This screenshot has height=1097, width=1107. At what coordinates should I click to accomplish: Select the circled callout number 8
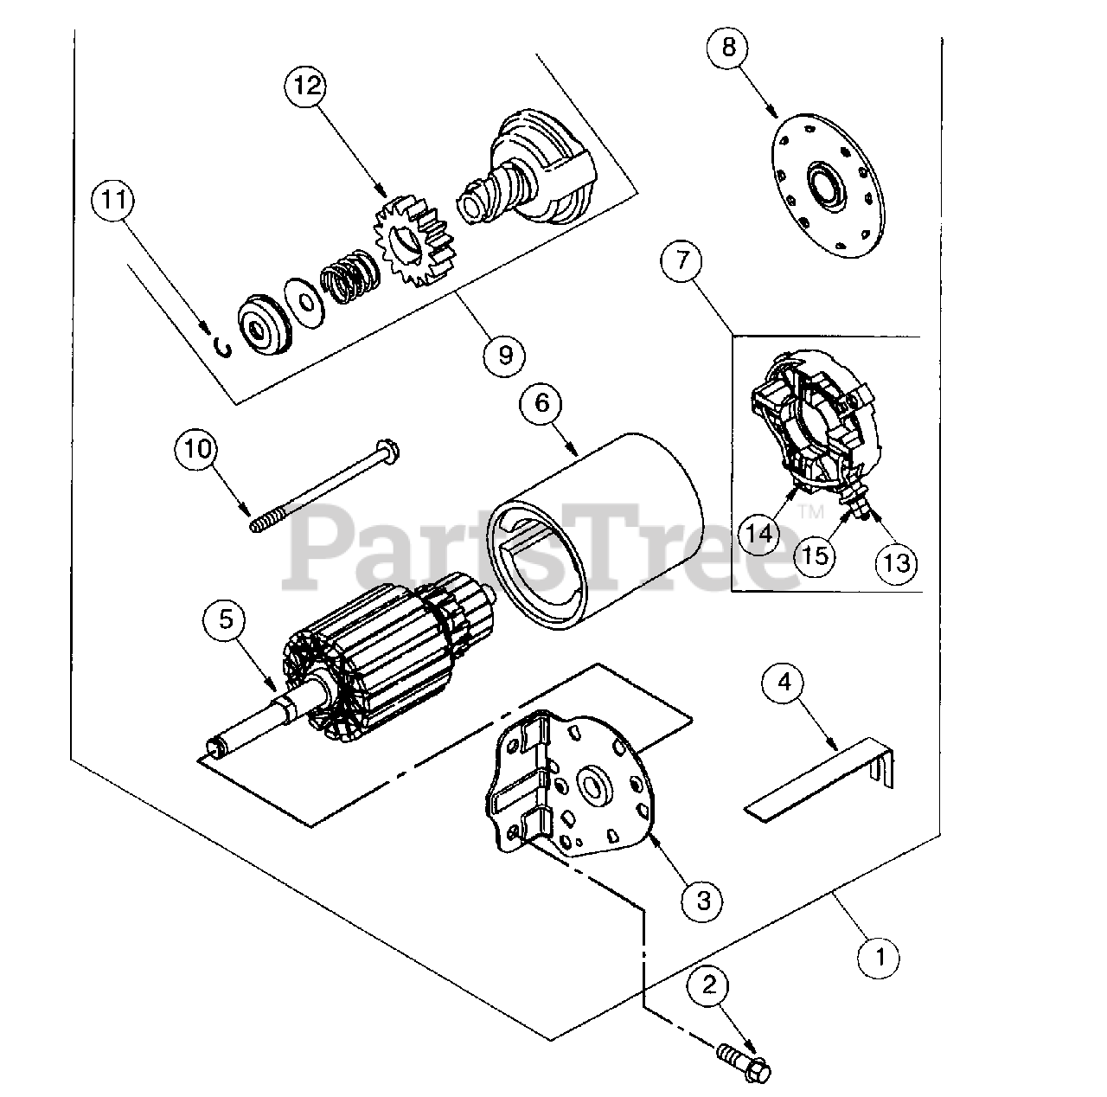[x=728, y=46]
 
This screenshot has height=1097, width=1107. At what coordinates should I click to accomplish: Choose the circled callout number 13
[x=897, y=562]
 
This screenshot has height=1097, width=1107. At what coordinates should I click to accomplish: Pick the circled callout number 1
[x=880, y=958]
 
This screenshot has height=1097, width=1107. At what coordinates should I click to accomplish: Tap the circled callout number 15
[x=815, y=555]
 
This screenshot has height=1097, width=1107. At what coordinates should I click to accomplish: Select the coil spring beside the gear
[x=346, y=279]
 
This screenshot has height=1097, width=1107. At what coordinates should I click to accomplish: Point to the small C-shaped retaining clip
[x=224, y=347]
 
